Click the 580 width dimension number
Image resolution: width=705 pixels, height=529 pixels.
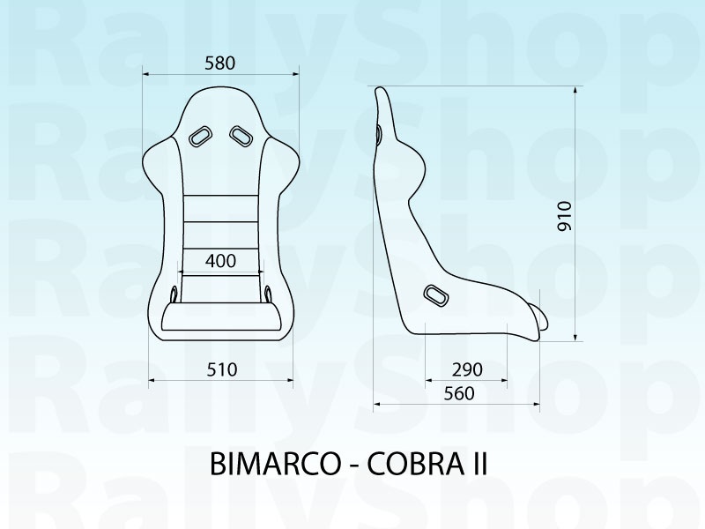[x=219, y=63]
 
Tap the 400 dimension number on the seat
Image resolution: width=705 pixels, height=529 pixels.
[x=220, y=261]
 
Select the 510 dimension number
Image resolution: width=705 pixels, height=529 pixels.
[x=221, y=369]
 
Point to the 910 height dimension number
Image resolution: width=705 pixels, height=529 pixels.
[x=564, y=216]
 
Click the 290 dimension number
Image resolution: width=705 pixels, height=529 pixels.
[x=467, y=369]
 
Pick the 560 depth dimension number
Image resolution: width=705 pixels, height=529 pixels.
[x=459, y=393]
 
